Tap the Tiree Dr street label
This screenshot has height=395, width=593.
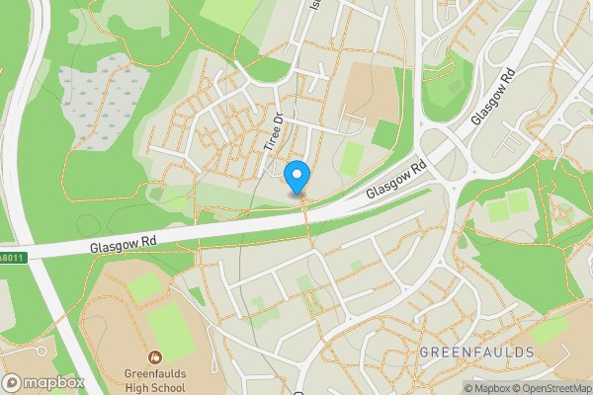[274, 131]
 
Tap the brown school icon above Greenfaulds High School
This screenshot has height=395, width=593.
[155, 356]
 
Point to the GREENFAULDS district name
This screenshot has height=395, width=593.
[476, 353]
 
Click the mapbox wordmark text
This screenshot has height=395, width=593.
[54, 383]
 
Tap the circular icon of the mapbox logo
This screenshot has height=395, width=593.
[13, 383]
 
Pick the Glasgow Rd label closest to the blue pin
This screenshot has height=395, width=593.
[394, 180]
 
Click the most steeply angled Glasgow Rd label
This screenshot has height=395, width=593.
[495, 96]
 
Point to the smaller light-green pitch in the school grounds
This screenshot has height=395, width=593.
[144, 286]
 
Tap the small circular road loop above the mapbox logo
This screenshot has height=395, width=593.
[41, 351]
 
